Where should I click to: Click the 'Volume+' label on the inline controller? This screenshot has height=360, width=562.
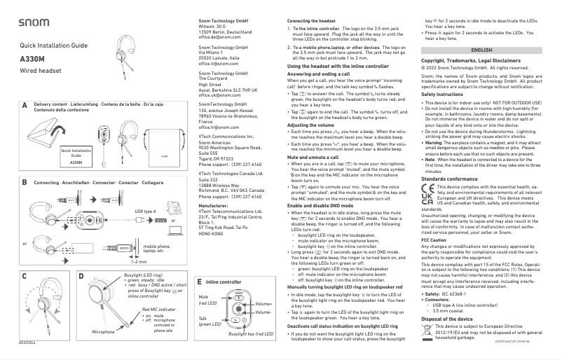[x=264, y=304]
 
